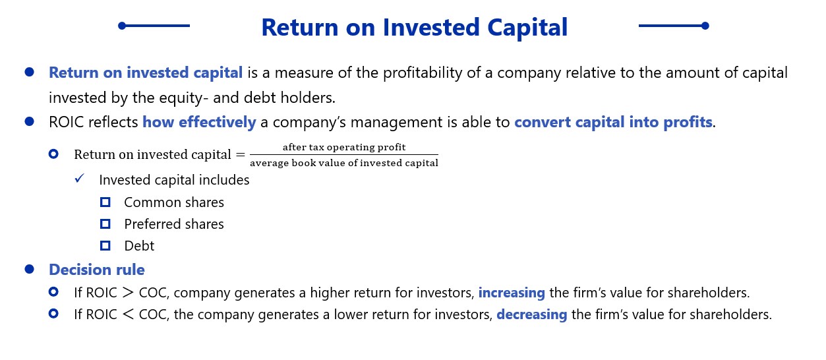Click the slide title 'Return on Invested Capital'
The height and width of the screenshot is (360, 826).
click(x=414, y=27)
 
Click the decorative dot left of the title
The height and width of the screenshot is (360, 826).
click(x=122, y=26)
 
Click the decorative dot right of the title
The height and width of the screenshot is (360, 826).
click(x=705, y=26)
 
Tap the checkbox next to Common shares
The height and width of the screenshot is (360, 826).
click(x=105, y=202)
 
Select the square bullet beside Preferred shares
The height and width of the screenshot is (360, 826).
click(x=105, y=224)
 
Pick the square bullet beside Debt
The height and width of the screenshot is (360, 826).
click(x=105, y=246)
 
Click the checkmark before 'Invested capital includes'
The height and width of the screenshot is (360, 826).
click(x=79, y=179)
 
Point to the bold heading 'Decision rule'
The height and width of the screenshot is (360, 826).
click(x=97, y=270)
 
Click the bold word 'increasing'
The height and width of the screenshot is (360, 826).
click(x=512, y=293)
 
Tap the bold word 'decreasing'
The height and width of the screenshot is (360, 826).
click(x=532, y=315)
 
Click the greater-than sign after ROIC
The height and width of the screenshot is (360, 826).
click(x=128, y=293)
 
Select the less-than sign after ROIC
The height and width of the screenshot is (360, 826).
click(x=128, y=315)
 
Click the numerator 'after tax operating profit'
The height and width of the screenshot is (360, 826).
click(x=344, y=147)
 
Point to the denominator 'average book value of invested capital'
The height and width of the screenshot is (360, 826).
click(x=344, y=163)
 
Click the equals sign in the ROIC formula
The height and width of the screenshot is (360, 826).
click(x=241, y=154)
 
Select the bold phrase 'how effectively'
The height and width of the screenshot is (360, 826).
click(x=199, y=123)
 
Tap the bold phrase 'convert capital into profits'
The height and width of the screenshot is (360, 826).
click(x=613, y=123)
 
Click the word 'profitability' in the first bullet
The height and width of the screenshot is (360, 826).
click(x=423, y=73)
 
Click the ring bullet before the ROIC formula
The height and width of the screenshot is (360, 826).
click(x=53, y=154)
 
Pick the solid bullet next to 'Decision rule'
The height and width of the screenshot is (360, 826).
click(x=30, y=269)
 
